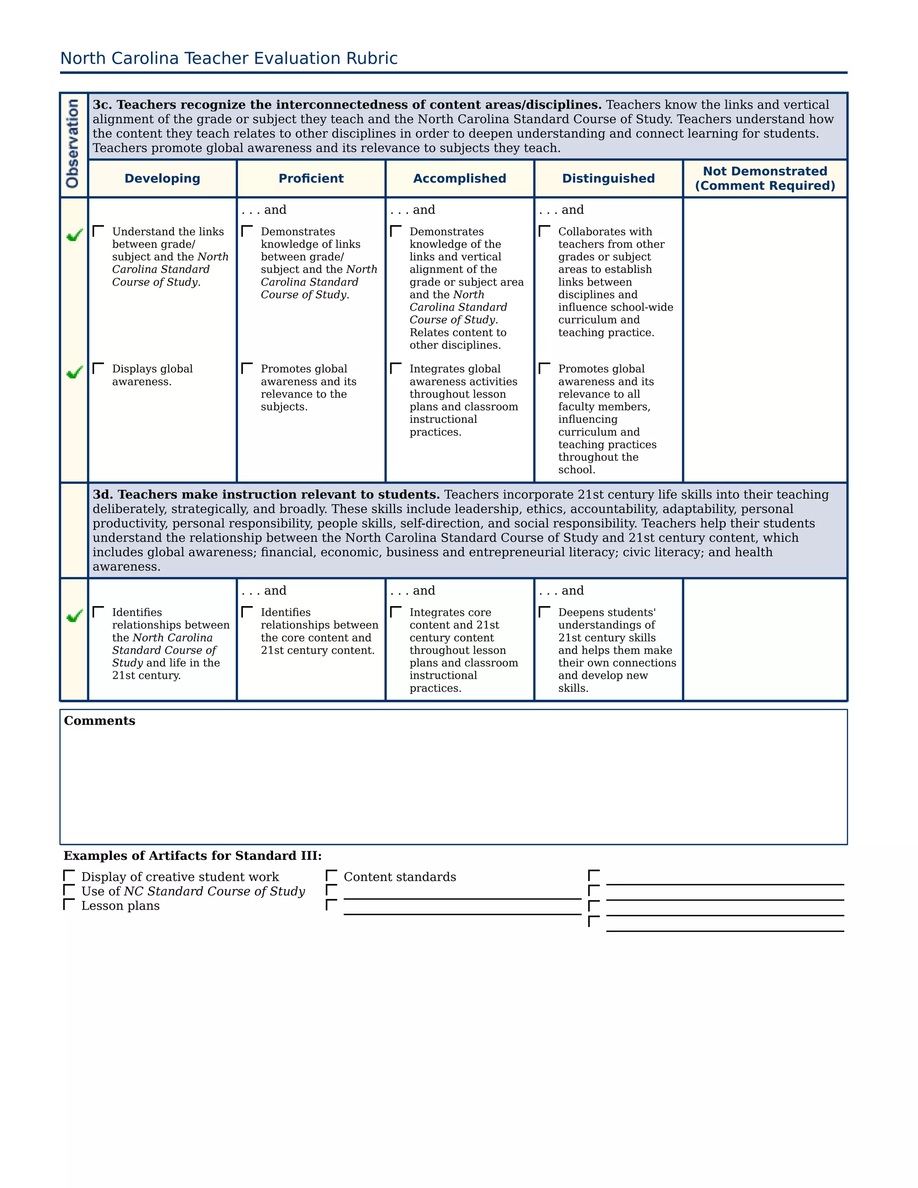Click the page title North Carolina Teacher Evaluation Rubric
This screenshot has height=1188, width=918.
[229, 58]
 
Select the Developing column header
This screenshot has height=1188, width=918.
[162, 178]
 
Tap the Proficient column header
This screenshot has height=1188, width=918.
[311, 178]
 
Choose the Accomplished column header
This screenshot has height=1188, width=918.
[459, 178]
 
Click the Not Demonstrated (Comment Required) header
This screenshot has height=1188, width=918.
[765, 178]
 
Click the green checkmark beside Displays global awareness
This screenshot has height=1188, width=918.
[74, 372]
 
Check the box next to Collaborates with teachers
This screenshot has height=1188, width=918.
[544, 232]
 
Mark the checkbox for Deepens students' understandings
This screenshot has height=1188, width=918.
[544, 612]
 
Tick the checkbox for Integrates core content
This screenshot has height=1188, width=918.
[396, 612]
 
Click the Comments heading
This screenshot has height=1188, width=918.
[100, 721]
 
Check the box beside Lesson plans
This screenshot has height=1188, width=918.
[69, 905]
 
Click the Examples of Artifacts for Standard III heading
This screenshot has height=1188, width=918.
[192, 856]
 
